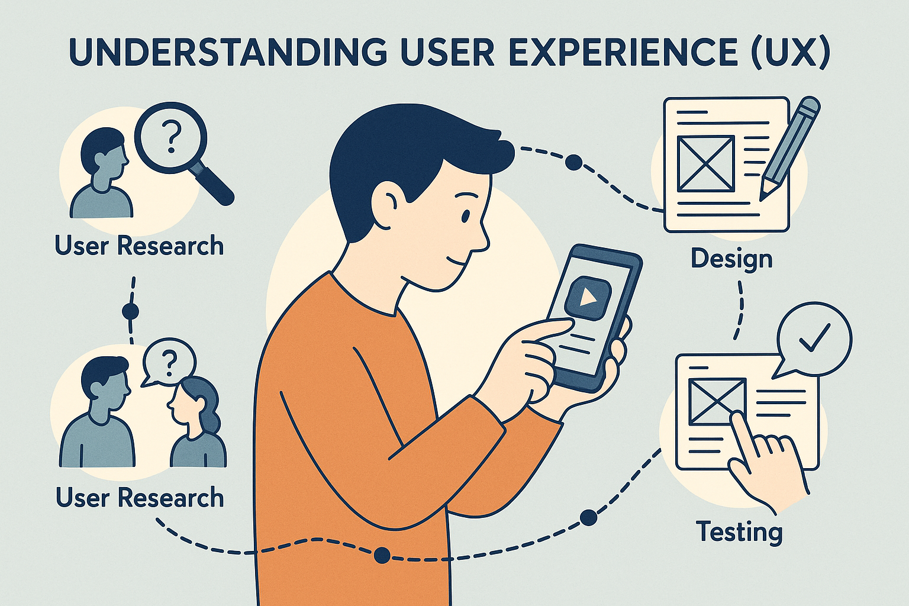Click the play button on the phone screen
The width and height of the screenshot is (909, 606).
pos(587,299)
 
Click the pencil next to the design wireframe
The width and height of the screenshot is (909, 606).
pos(789,148)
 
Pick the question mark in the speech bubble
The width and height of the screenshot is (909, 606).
pos(170,364)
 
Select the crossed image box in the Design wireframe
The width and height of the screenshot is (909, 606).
pos(706,164)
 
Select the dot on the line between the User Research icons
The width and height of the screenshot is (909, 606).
pos(130,311)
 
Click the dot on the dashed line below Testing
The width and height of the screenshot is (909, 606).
pos(589,518)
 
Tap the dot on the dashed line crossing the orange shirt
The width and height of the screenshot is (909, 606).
pos(382,555)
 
